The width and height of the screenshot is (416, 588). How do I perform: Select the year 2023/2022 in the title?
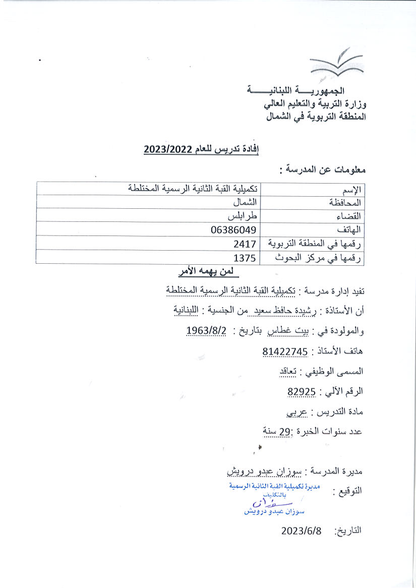pos(167,150)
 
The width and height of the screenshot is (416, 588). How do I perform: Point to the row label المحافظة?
pos(345,203)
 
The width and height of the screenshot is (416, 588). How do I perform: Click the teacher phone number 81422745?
pos(285,351)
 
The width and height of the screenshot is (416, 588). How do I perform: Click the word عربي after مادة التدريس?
pos(297,411)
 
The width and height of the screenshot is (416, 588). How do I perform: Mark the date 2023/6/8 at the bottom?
pos(301,531)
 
